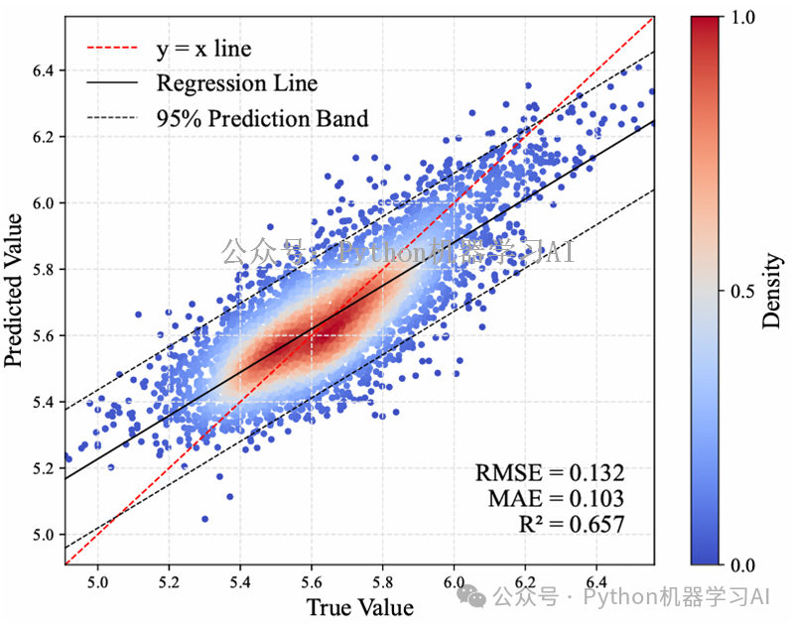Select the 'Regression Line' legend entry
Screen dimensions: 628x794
236,83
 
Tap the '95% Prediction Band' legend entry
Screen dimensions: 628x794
262,119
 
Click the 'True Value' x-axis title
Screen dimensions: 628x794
358,606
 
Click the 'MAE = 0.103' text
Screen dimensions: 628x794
556,499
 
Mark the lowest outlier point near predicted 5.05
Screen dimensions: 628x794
204,519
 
